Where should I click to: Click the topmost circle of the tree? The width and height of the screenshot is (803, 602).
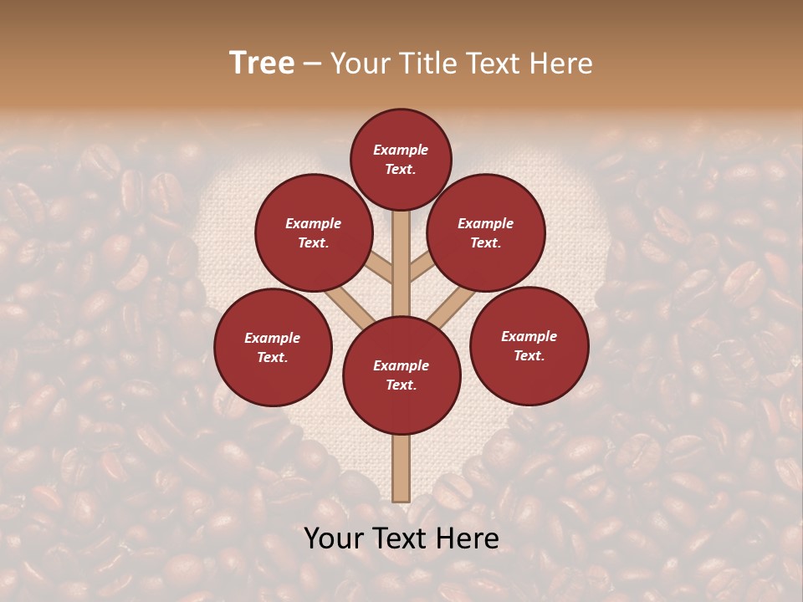(x=401, y=159)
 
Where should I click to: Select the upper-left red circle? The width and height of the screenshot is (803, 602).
(x=314, y=232)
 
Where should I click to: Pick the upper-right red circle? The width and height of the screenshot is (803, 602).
(x=486, y=232)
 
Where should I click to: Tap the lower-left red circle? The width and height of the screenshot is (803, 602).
(x=273, y=347)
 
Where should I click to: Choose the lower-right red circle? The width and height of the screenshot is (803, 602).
(x=529, y=345)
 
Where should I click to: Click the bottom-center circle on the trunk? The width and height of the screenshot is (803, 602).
(x=401, y=375)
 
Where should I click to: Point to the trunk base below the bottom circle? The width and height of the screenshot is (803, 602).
(x=401, y=468)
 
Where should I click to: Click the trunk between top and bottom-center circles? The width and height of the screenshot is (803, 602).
(x=401, y=268)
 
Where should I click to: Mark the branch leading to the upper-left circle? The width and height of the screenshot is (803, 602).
(x=381, y=268)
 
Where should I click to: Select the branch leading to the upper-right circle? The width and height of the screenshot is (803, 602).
(x=422, y=268)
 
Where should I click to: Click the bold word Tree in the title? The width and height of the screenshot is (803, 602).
(x=262, y=64)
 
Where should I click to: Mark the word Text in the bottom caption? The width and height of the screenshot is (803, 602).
(x=402, y=538)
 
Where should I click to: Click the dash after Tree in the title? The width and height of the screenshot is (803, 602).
(x=312, y=64)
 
